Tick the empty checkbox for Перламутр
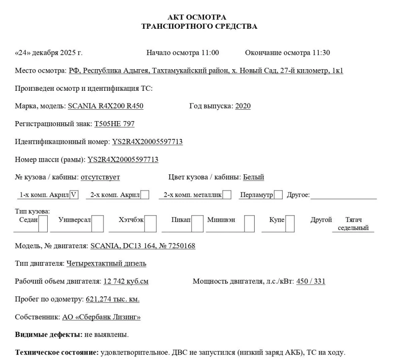point(278,195)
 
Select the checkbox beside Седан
point(43,224)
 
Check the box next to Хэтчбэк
point(151,224)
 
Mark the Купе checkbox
point(290,224)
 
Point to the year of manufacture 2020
point(243,106)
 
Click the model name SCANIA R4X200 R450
point(106,106)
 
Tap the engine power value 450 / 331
point(311,282)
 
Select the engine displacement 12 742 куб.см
point(126,282)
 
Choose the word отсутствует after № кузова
point(100,177)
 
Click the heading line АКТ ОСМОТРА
point(197,17)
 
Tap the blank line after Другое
point(344,195)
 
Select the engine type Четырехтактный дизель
point(106,264)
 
